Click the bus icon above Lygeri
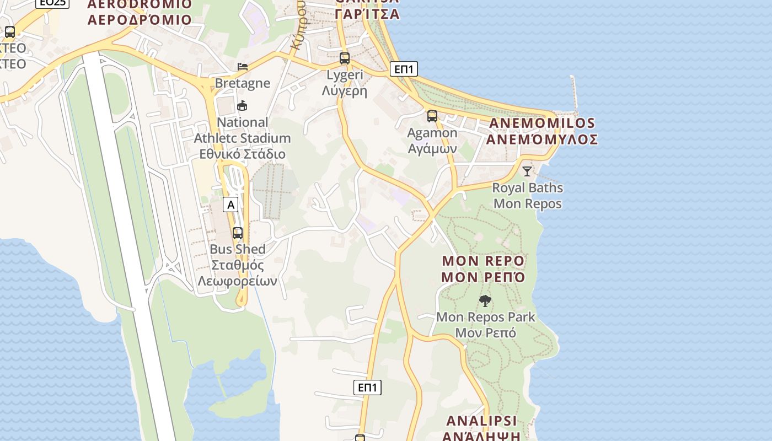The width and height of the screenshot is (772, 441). pos(345,58)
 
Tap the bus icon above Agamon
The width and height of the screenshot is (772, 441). pos(432,116)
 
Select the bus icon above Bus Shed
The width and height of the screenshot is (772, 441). pos(238,233)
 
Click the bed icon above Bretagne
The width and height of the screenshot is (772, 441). pos(243,67)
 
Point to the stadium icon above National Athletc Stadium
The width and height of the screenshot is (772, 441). pos(242,105)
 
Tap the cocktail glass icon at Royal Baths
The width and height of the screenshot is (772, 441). pos(527,171)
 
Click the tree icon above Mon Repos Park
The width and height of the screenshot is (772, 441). pos(485,300)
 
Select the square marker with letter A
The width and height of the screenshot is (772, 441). pos(230,205)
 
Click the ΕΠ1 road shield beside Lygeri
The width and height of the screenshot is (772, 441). pos(404,69)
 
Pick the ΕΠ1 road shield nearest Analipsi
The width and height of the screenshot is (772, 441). pos(367,387)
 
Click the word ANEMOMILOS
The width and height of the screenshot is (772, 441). pos(542,123)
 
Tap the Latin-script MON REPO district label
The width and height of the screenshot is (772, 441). pos(484,260)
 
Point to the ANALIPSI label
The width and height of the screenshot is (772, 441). pos(481,421)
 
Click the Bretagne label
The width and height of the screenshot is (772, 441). pos(243,83)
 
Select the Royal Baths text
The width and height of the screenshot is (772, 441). pos(528,187)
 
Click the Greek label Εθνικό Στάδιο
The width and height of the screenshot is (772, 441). pos(242,154)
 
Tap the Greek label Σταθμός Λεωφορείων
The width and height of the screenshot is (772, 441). pos(238,273)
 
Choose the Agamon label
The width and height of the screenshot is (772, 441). pos(432,133)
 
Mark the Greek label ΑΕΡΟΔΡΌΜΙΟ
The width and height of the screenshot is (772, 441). pos(140,20)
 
